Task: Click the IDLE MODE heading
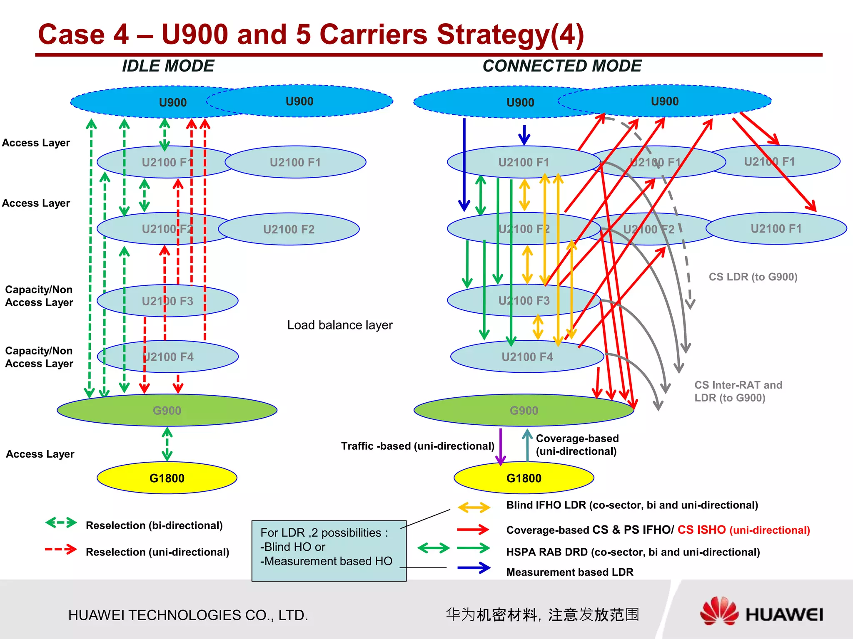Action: (168, 66)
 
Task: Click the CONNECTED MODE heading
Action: (561, 66)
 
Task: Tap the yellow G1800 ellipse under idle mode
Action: (167, 478)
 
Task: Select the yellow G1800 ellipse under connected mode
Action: (524, 478)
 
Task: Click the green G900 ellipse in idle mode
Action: (167, 411)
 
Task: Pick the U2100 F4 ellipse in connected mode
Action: (527, 357)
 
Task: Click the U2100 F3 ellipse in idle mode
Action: (167, 301)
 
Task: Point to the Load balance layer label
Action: (339, 325)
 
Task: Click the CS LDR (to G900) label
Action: (753, 277)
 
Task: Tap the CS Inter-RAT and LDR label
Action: (738, 391)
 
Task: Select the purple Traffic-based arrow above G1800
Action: (501, 446)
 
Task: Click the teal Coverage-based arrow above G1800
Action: (527, 445)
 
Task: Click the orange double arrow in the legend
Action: (474, 507)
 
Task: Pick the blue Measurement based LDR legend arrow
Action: (474, 568)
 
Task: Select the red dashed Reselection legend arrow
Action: (61, 550)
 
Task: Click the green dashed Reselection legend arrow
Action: (61, 523)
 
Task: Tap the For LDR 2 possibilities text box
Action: (329, 550)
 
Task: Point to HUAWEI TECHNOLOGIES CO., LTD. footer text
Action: (188, 615)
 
